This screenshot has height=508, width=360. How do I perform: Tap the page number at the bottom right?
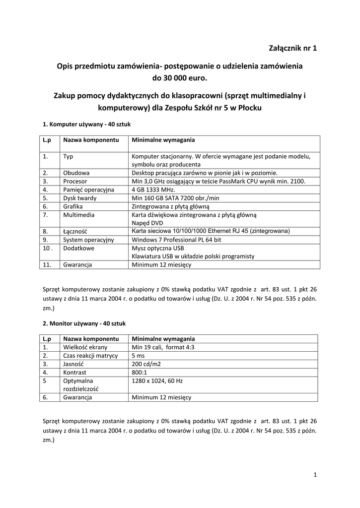[x=315, y=475]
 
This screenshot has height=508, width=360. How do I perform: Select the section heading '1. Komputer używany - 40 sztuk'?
[x=87, y=125]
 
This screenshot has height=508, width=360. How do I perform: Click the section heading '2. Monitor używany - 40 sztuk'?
[x=84, y=323]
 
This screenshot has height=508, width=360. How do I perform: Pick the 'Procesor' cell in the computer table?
[x=75, y=181]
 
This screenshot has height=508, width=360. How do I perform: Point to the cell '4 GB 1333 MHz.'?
[x=153, y=190]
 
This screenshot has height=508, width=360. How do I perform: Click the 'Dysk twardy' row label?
[x=80, y=198]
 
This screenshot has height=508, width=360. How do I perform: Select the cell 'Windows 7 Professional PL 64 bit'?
[x=176, y=240]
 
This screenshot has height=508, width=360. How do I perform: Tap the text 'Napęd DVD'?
[x=146, y=223]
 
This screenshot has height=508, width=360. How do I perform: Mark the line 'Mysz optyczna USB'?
[x=157, y=248]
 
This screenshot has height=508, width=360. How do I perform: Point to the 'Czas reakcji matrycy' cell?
[x=90, y=356]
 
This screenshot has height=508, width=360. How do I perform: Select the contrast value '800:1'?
[x=140, y=372]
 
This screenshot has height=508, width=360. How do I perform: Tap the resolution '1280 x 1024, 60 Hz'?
[x=157, y=381]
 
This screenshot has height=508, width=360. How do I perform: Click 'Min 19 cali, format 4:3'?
[x=163, y=347]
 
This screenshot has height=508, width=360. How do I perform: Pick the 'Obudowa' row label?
[x=76, y=173]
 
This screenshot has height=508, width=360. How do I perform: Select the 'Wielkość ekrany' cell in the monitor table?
[x=85, y=347]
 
